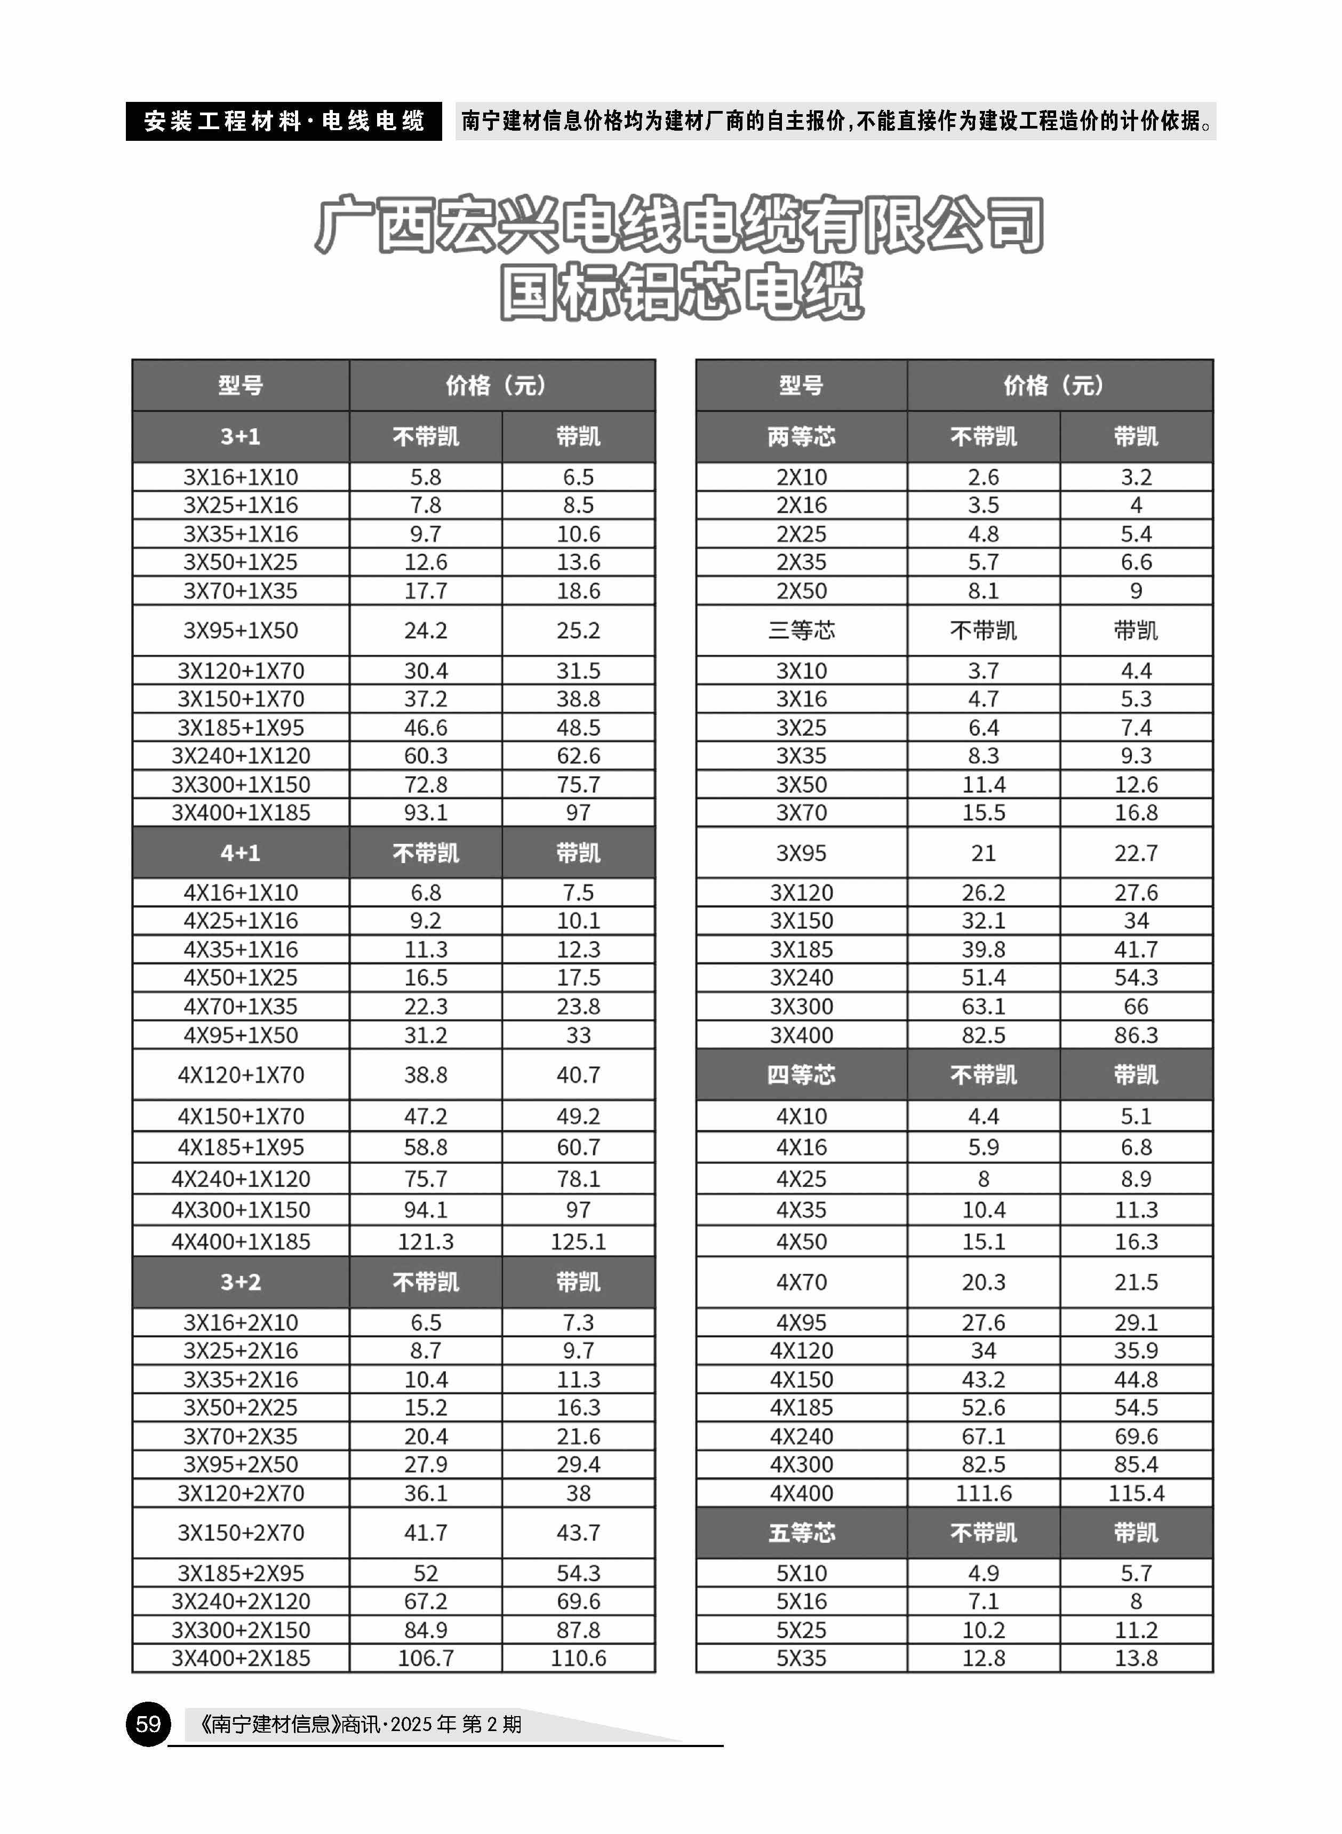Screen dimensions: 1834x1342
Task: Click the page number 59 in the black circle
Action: [148, 1724]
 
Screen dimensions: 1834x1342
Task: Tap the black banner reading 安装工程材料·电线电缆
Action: [284, 121]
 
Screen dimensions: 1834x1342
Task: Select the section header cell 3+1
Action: [241, 437]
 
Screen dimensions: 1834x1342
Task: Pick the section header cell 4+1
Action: [241, 853]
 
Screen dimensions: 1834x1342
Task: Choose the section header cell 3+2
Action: [241, 1282]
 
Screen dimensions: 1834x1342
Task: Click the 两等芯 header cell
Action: [801, 437]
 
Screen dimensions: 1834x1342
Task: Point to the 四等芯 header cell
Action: [801, 1074]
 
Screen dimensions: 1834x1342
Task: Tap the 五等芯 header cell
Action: [801, 1533]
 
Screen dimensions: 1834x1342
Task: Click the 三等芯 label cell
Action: [801, 631]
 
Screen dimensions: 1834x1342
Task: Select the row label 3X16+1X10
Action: [241, 477]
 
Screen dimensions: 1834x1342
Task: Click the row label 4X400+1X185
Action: [241, 1241]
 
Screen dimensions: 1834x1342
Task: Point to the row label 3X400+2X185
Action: [241, 1658]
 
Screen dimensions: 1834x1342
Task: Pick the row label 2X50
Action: [801, 591]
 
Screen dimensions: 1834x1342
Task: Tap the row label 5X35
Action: [801, 1658]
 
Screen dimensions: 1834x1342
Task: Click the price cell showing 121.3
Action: [426, 1241]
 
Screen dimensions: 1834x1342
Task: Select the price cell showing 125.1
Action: [578, 1241]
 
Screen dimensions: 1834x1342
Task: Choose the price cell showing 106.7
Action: [426, 1658]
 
